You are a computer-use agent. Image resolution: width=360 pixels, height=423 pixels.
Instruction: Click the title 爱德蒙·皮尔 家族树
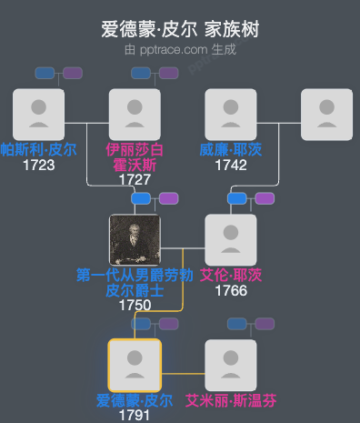point(180,29)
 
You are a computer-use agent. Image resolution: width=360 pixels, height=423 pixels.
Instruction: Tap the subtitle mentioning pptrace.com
point(180,49)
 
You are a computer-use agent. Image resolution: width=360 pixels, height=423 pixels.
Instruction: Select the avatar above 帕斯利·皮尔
point(38,114)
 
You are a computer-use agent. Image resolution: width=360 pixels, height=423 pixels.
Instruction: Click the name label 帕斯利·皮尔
point(38,149)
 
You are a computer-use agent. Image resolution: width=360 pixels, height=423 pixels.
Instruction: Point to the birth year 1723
point(38,165)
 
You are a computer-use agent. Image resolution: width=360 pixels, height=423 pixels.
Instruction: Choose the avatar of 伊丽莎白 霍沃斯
point(135,114)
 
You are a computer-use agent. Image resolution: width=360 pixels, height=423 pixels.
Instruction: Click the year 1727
point(135,179)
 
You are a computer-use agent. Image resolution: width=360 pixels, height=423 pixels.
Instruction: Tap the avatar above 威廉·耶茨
point(231,114)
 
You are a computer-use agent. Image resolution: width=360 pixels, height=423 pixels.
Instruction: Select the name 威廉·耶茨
point(231,149)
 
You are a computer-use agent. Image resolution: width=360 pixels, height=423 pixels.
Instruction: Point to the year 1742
point(231,165)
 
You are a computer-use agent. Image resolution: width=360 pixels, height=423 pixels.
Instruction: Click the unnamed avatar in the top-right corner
point(326,114)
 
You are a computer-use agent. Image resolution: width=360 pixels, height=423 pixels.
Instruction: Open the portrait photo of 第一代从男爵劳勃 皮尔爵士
point(135,239)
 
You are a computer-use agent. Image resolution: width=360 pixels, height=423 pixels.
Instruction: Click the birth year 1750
point(135,305)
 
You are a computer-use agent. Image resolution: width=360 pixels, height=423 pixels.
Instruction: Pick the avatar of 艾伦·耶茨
point(231,239)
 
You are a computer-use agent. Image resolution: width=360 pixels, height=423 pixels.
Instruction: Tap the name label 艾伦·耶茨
point(231,275)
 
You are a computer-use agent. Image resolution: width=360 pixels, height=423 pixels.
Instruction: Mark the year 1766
point(231,290)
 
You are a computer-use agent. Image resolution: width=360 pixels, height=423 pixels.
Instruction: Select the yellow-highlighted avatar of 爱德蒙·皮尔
point(135,365)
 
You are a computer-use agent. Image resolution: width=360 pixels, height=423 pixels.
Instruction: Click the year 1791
point(135,415)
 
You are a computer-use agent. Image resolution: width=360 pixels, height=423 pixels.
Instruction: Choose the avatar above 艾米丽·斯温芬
point(231,365)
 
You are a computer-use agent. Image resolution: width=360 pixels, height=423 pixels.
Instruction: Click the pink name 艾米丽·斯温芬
point(231,400)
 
